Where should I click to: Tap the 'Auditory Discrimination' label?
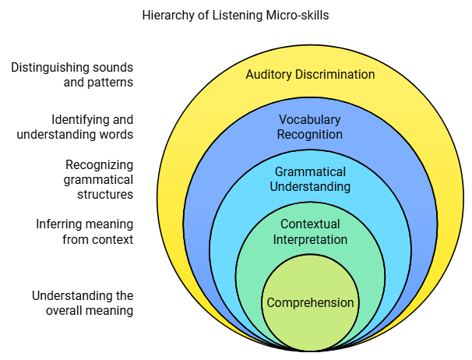click(x=310, y=75)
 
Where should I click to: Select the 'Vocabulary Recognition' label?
click(x=310, y=127)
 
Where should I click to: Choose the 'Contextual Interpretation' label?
click(x=310, y=231)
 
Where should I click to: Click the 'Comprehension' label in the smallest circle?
click(x=310, y=303)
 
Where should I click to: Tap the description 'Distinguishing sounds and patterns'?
click(x=72, y=75)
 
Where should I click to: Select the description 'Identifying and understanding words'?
click(x=75, y=127)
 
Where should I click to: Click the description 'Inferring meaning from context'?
click(x=84, y=231)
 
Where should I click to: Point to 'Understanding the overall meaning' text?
click(x=83, y=303)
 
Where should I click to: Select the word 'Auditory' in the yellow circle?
click(x=269, y=75)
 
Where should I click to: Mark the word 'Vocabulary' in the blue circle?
click(x=310, y=120)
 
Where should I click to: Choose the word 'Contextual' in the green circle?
click(x=310, y=224)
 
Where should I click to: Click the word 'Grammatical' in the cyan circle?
click(x=310, y=172)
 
